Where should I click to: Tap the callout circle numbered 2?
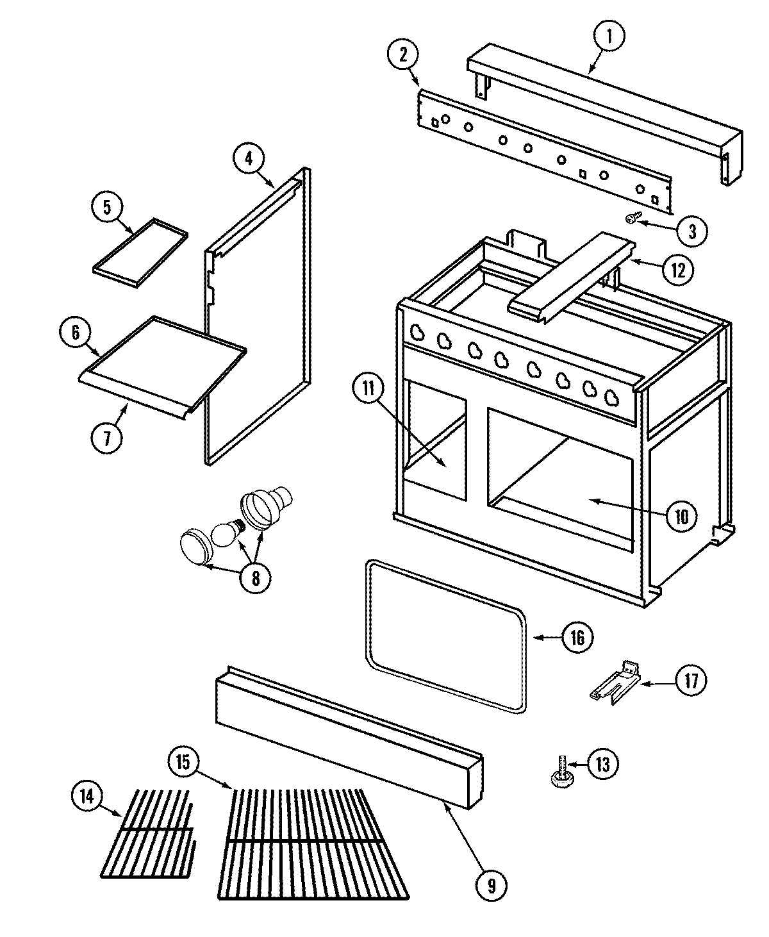click(403, 55)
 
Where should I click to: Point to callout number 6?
click(76, 332)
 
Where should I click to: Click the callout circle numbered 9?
click(491, 885)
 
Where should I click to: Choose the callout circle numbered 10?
click(681, 515)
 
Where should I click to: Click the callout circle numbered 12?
click(677, 270)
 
